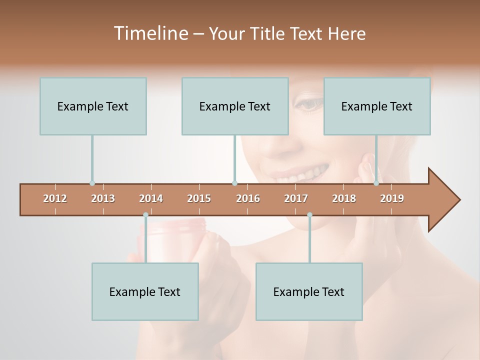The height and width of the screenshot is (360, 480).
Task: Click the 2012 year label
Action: (x=55, y=198)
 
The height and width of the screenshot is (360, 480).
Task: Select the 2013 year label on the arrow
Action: (x=103, y=198)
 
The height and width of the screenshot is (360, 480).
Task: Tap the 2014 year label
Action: (x=151, y=198)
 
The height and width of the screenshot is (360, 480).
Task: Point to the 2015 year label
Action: (x=199, y=198)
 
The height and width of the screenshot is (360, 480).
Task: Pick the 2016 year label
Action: (x=248, y=198)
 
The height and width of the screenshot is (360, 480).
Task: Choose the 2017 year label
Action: (x=296, y=198)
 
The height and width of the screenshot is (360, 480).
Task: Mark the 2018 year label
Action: (x=344, y=198)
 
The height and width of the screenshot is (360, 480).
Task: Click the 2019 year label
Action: (x=392, y=198)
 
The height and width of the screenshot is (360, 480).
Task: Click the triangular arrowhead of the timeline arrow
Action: (x=443, y=200)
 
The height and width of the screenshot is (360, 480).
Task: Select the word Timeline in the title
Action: (x=150, y=33)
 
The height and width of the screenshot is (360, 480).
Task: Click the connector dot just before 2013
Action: (x=92, y=183)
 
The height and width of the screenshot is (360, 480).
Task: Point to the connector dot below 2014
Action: (x=145, y=215)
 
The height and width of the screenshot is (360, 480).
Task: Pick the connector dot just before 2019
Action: (x=376, y=183)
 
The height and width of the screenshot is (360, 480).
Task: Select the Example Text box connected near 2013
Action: (x=93, y=106)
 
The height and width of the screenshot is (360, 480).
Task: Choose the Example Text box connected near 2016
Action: (x=235, y=106)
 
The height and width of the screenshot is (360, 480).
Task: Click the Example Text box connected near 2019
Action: (x=377, y=106)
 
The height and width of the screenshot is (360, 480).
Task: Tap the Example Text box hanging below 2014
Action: (x=145, y=291)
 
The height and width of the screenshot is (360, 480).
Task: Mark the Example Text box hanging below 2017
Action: (x=309, y=291)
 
